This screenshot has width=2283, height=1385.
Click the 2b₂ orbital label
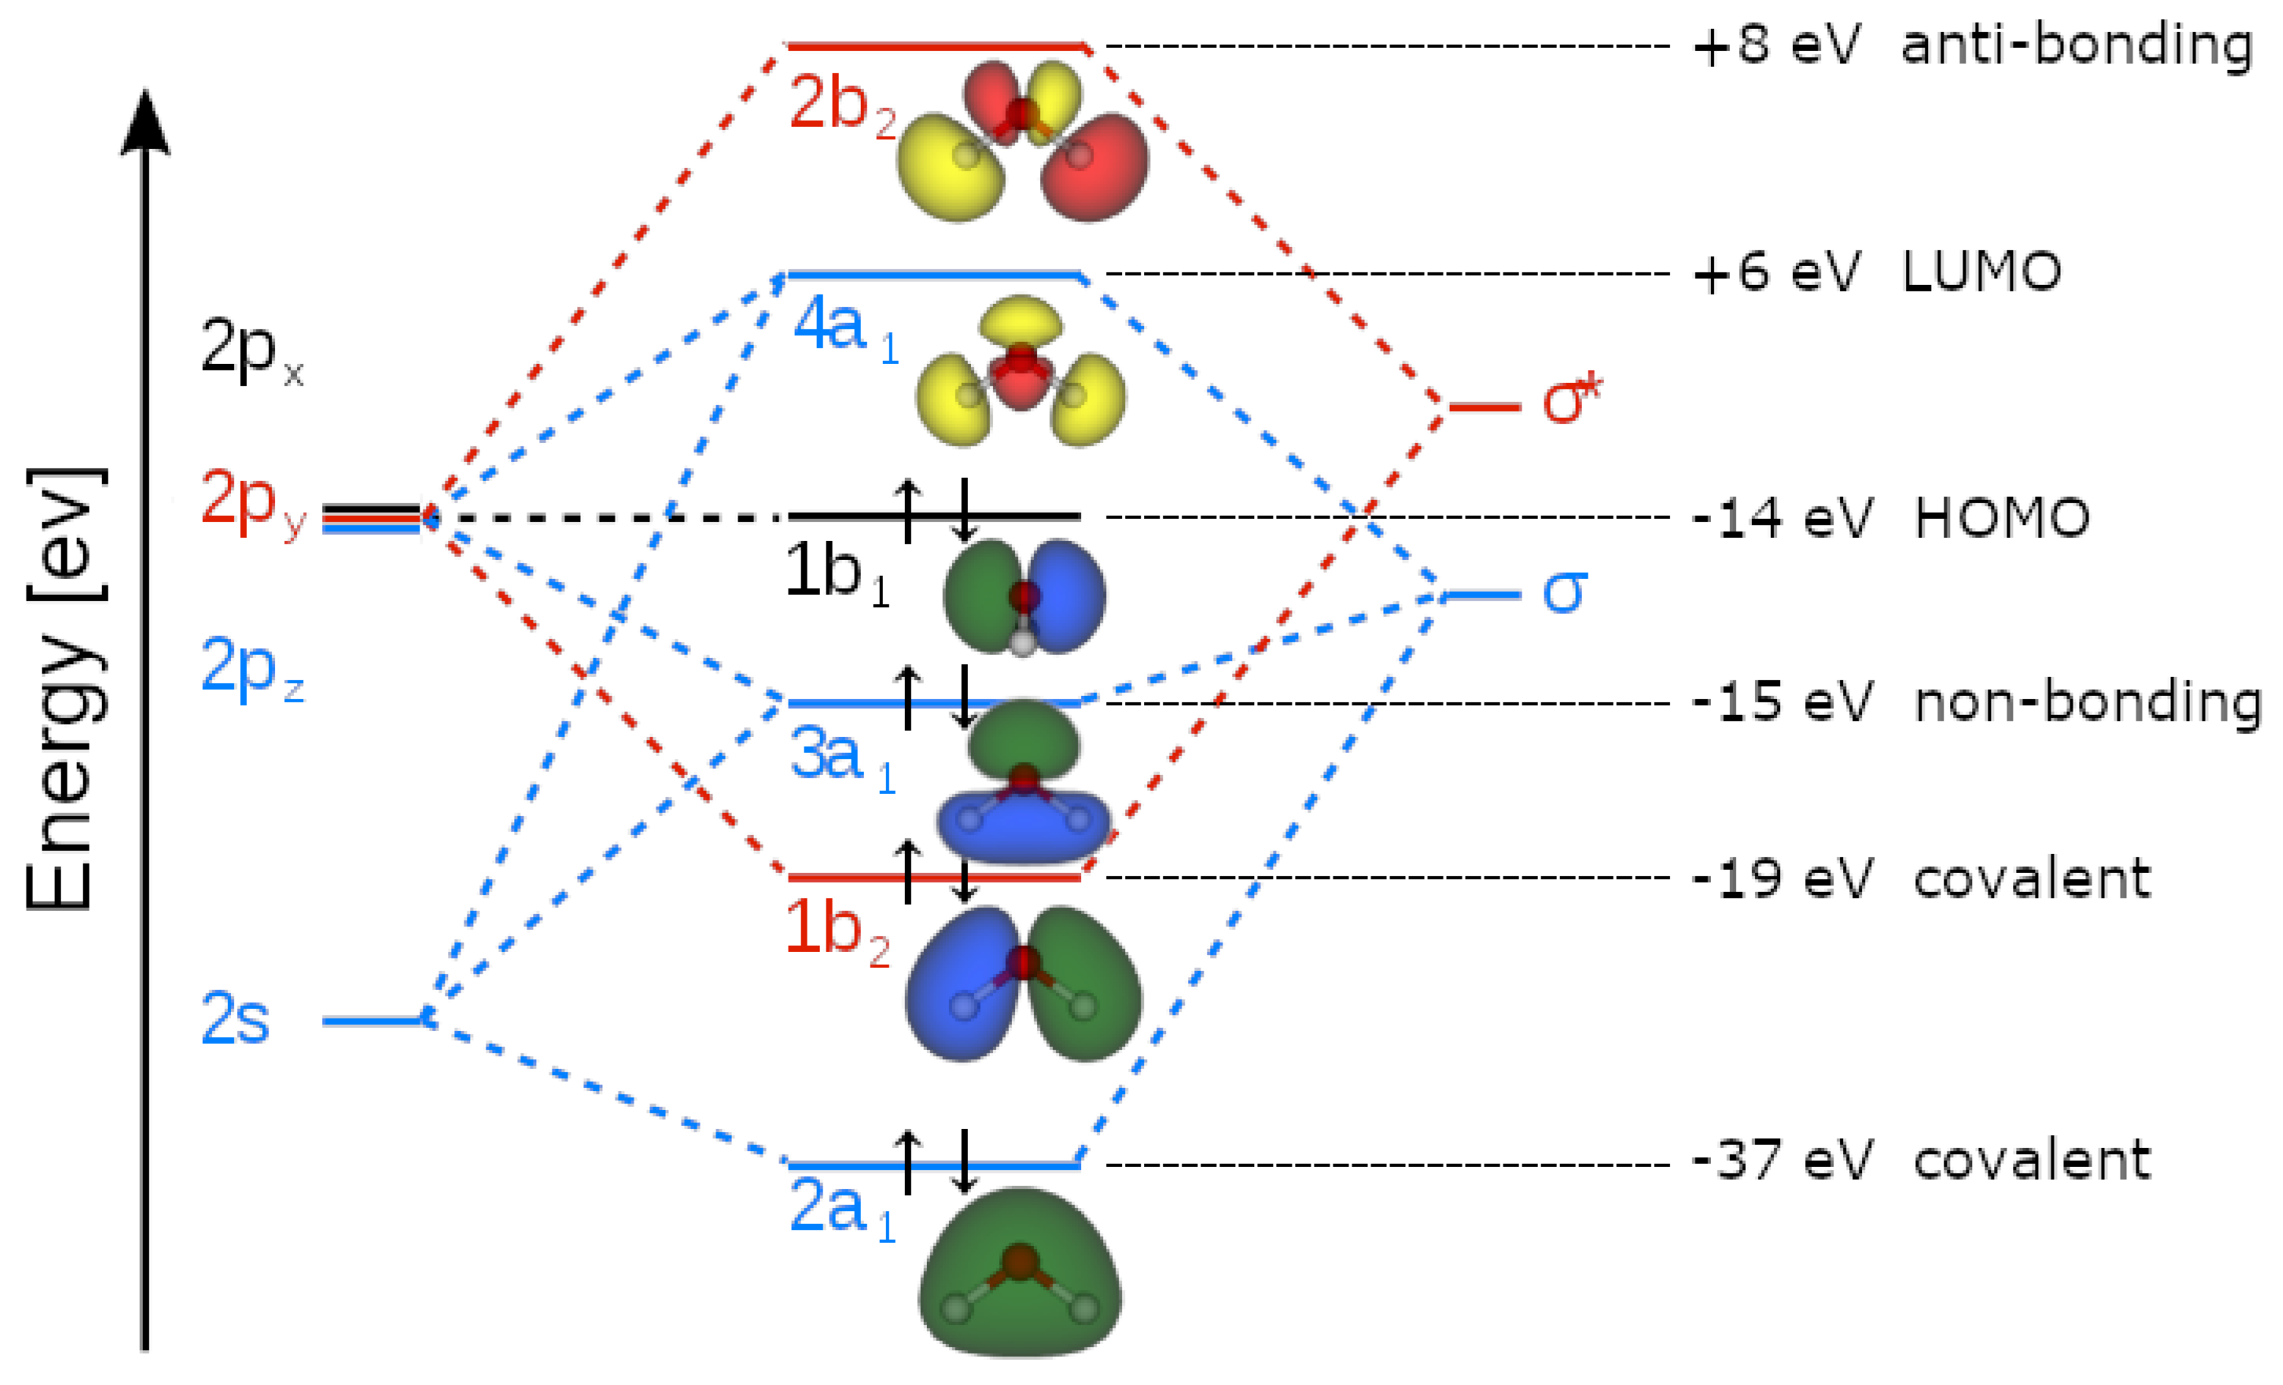coord(840,105)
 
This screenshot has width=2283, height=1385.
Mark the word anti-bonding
coord(2076,45)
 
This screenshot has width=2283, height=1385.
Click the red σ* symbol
coord(1571,400)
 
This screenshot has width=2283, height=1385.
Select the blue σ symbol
coord(1564,590)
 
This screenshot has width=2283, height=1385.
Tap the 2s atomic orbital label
coord(236,1020)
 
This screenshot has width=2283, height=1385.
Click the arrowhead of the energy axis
coord(145,121)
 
